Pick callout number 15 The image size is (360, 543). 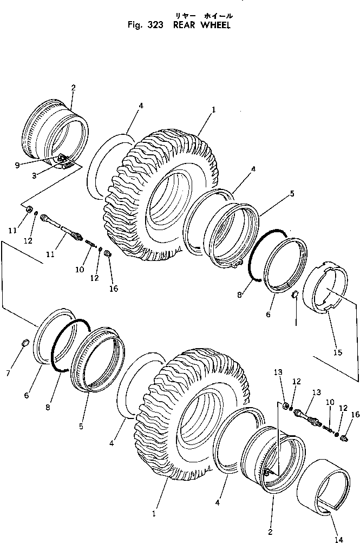pyautogui.click(x=338, y=352)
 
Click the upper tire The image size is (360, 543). pyautogui.click(x=162, y=195)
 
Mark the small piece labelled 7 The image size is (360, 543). pyautogui.click(x=24, y=342)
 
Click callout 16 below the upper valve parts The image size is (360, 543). pyautogui.click(x=114, y=289)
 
